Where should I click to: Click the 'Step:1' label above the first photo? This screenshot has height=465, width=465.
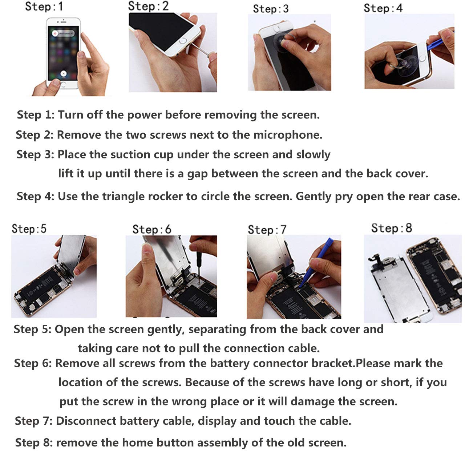44,6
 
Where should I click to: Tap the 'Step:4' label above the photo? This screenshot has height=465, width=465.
383,8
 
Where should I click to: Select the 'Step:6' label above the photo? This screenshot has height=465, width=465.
152,229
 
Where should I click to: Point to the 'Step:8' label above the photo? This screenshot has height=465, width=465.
391,228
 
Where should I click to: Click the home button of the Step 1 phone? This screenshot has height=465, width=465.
63,84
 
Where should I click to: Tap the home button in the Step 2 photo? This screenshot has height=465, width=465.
183,41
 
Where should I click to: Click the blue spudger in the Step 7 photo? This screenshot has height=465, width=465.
316,263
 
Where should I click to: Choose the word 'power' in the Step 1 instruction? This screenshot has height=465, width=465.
144,115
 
